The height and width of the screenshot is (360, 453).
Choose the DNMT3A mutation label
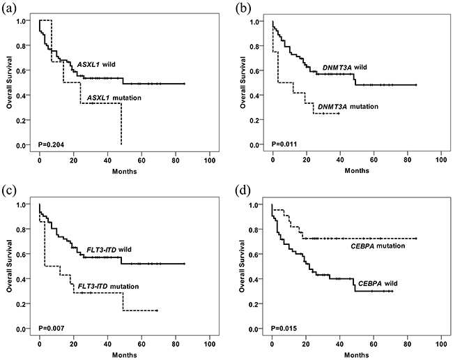point(347,107)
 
